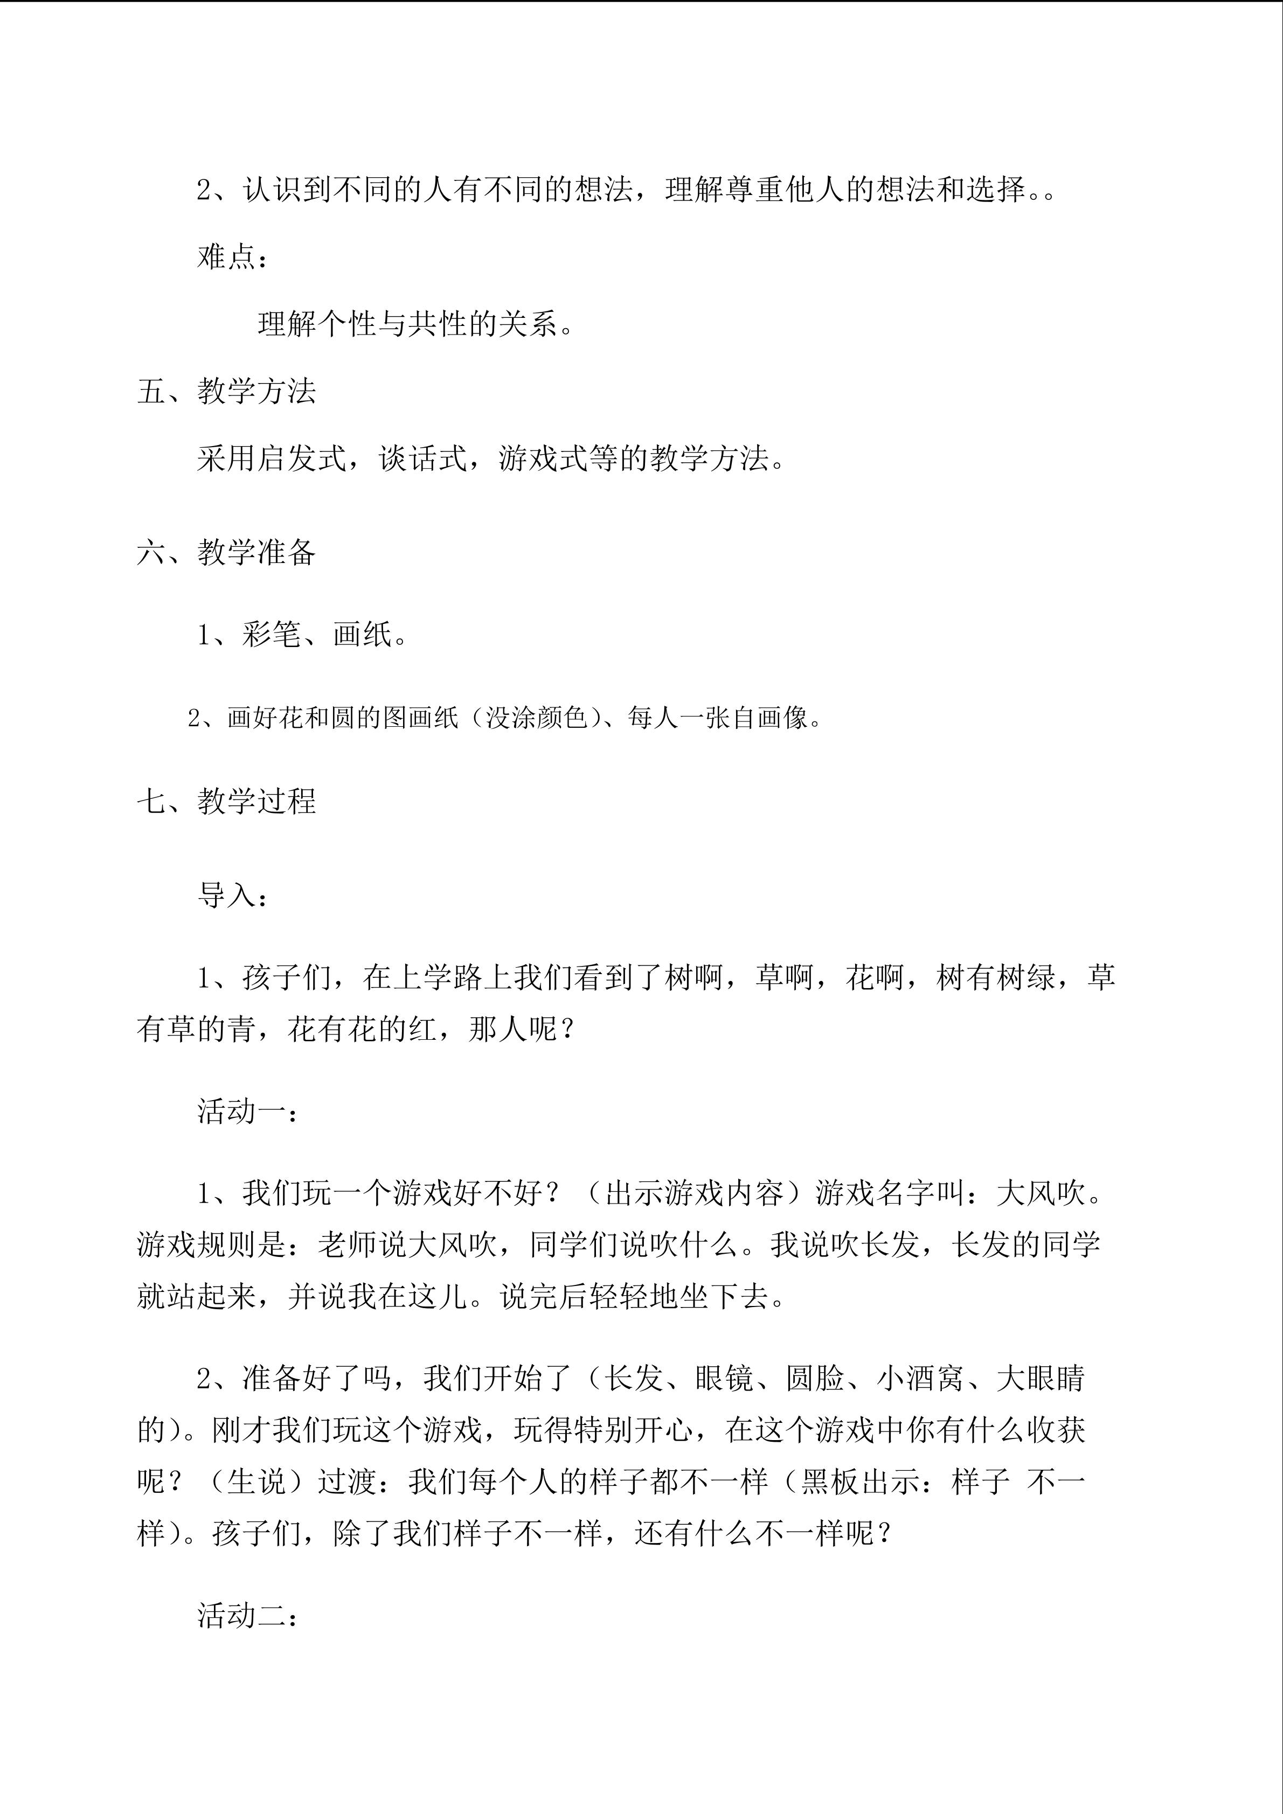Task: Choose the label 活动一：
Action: click(247, 1111)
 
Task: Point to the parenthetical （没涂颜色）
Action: click(538, 718)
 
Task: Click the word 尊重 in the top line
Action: click(754, 190)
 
